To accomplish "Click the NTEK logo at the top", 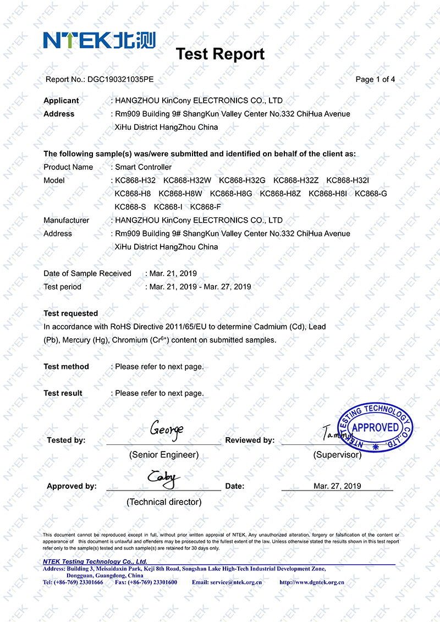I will coord(99,40).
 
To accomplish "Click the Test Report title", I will coord(220,54).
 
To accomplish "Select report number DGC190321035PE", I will coord(120,79).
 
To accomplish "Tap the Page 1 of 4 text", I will coord(375,79).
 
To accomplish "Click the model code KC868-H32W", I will coord(187,180).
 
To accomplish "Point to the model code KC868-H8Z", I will coord(280,194).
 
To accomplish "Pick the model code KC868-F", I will coord(205,207).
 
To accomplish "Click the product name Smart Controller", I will coord(143,167).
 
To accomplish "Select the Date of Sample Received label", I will coord(87,273).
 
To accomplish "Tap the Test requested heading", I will coord(70,313).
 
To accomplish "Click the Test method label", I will coord(66,366).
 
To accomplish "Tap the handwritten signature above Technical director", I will coord(163,478).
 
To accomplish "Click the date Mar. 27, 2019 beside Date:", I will coord(337,486).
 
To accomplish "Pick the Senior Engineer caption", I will coord(164,455).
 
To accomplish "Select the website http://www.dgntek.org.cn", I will coord(312,582).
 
